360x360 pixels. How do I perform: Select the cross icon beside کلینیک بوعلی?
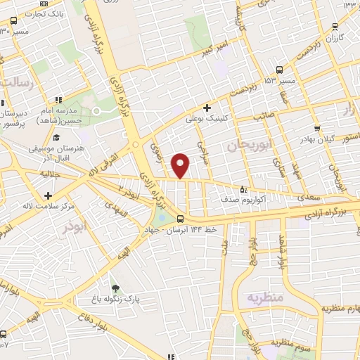(207, 108)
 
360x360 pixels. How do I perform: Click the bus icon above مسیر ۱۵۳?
(281, 70)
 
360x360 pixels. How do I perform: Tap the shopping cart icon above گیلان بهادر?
(318, 129)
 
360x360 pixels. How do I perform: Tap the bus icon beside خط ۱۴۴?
(181, 218)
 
